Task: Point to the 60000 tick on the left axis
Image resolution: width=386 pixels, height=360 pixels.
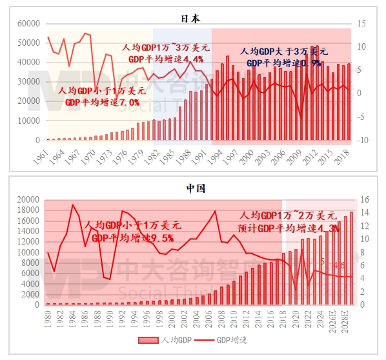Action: pyautogui.click(x=28, y=24)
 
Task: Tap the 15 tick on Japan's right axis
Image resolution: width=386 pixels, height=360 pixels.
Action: pyautogui.click(x=363, y=24)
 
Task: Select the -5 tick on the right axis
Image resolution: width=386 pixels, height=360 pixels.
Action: pyautogui.click(x=363, y=117)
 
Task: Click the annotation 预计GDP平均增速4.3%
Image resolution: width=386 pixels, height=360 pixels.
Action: pyautogui.click(x=289, y=228)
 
